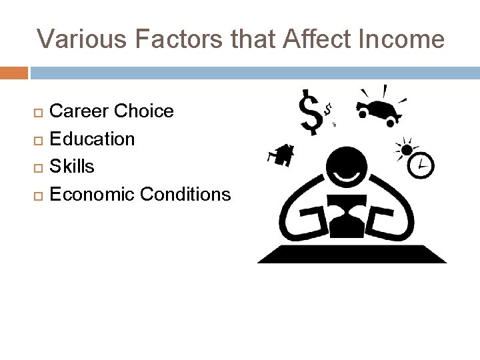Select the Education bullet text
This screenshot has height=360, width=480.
click(93, 139)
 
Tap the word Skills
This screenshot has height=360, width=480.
click(72, 166)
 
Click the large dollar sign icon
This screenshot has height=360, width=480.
click(311, 112)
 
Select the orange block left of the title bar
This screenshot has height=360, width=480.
click(14, 73)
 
